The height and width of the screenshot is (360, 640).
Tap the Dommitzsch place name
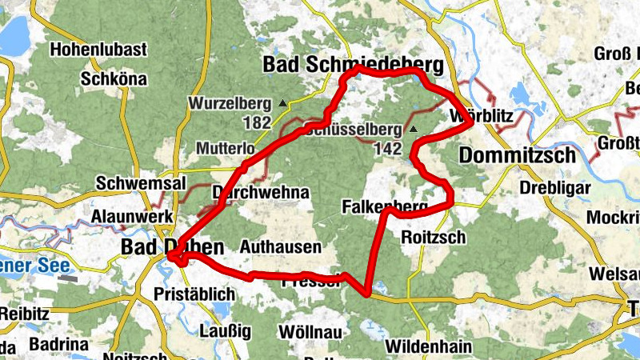(518, 155)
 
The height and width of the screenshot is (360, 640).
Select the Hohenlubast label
(98, 50)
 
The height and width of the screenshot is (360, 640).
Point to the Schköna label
(114, 79)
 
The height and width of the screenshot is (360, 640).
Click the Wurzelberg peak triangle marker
(282, 103)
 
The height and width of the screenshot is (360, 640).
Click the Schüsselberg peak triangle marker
(413, 129)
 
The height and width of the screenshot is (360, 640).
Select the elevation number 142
(387, 149)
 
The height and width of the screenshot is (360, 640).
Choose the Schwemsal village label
(129, 183)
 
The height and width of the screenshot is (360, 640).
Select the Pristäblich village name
(194, 294)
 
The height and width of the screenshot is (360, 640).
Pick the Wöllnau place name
(310, 331)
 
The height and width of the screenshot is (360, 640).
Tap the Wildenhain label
(424, 346)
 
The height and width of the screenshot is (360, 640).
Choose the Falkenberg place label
(384, 207)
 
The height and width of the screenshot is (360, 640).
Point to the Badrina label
(58, 344)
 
